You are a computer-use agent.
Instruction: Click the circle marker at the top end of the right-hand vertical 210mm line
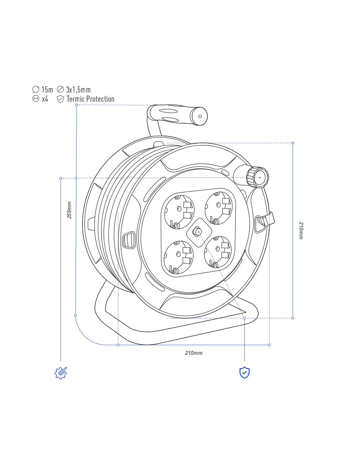coord(293,143)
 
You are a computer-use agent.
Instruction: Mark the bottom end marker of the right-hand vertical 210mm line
coord(293,318)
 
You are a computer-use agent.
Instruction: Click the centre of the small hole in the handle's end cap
coord(200,117)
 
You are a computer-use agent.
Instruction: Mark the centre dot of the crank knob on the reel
coord(260,177)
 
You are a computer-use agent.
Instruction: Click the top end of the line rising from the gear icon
coord(61,178)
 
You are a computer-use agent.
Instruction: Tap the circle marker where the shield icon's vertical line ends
coord(244,318)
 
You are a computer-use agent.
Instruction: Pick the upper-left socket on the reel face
coord(177,212)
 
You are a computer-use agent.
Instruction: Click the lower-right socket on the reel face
coord(218,252)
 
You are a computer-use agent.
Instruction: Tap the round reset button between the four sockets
coord(196,232)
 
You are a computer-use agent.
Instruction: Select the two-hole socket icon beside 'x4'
coord(36,99)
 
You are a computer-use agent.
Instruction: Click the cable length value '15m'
coord(47,90)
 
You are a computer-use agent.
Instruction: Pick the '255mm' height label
coord(69,210)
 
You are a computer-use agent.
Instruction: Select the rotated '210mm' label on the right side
coord(301,231)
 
